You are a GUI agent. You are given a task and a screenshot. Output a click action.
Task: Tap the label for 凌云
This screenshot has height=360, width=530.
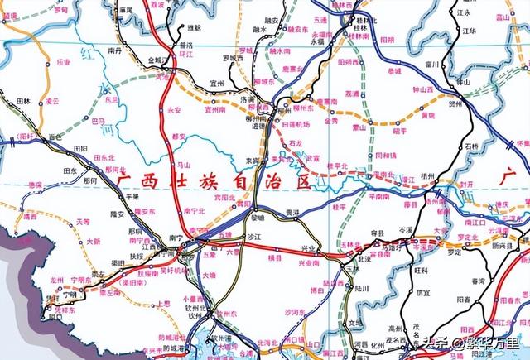(x=53, y=101)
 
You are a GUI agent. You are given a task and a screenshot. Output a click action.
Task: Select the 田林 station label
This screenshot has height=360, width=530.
(x=24, y=101)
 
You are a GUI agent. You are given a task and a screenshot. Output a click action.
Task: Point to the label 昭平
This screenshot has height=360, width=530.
(x=400, y=130)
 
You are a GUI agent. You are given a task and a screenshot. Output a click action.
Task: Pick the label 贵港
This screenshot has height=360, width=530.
(x=288, y=213)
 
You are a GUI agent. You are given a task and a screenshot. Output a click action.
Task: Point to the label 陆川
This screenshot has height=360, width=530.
(x=360, y=289)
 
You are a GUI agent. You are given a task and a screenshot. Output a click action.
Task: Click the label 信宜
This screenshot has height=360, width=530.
(x=423, y=292)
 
